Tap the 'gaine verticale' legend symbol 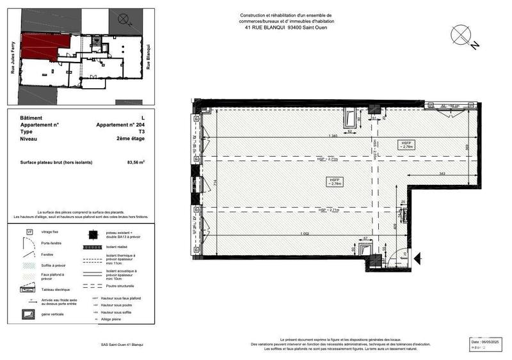29,314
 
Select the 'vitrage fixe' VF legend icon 29,231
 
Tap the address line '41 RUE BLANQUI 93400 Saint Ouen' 286,27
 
